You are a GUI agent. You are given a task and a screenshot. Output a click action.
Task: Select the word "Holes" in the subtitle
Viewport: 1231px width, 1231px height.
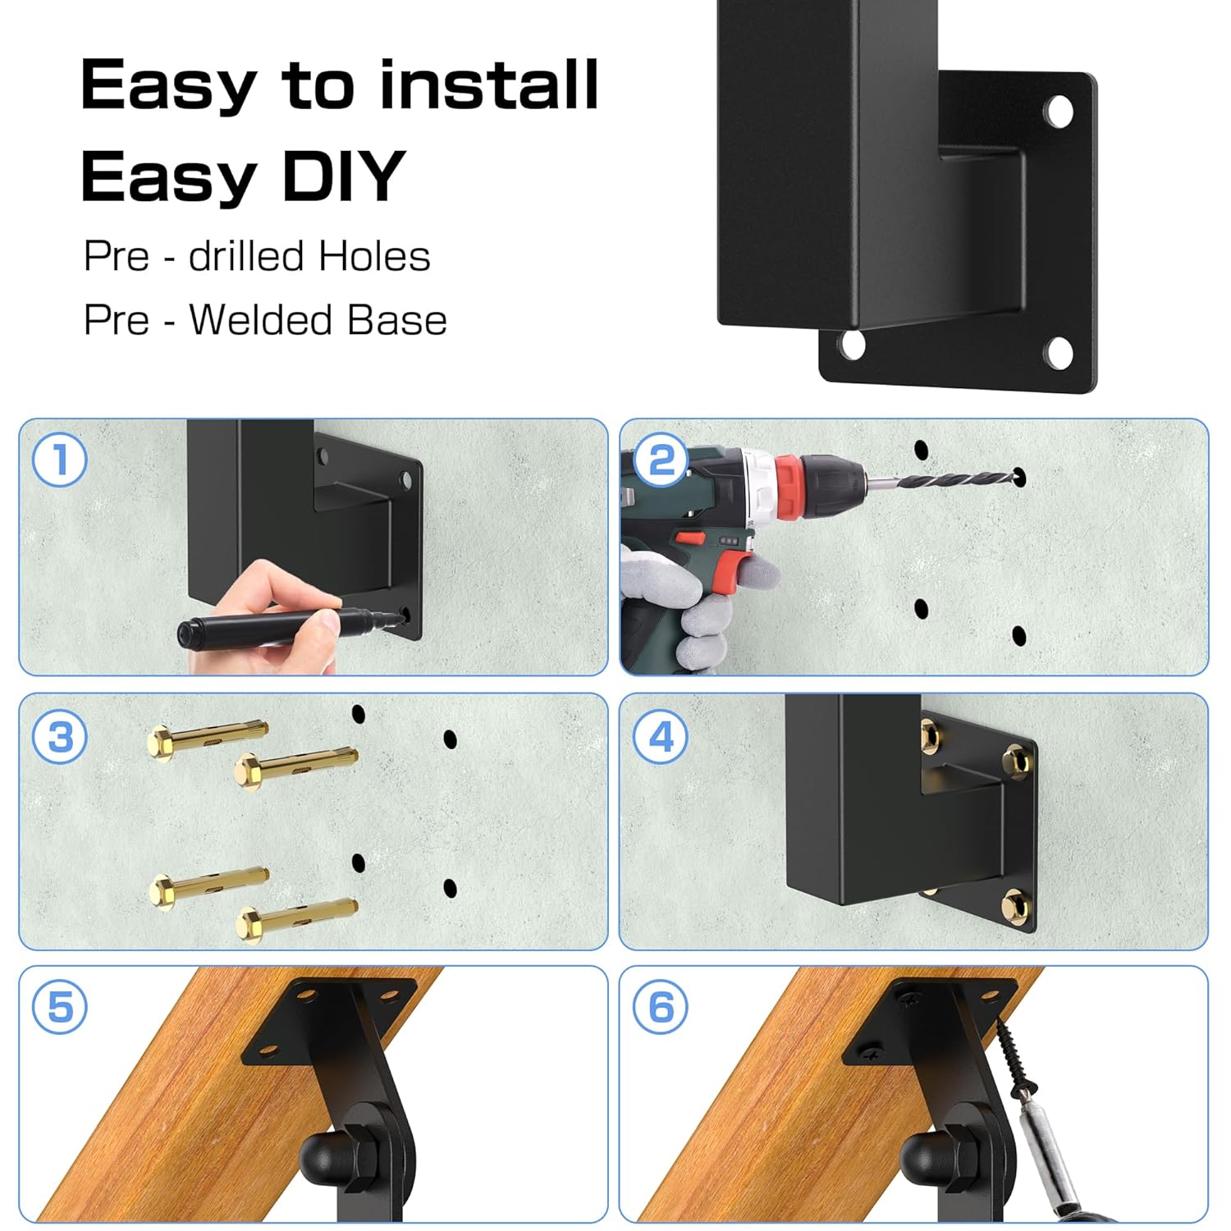pos(374,256)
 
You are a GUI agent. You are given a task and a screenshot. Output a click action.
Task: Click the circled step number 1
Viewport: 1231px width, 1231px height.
pos(59,460)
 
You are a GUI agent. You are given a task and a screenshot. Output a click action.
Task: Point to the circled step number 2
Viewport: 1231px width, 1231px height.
pos(661,460)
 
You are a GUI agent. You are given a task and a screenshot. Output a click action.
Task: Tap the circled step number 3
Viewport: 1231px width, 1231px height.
pos(59,736)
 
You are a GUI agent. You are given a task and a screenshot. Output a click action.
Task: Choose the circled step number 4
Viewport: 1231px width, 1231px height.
pos(661,736)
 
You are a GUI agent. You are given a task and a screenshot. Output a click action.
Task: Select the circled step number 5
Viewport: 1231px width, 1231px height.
pos(59,1007)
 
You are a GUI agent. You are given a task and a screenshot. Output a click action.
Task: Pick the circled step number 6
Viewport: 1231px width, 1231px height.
pos(661,1007)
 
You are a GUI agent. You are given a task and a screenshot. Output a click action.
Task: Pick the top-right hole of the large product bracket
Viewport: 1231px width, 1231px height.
pos(1058,112)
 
